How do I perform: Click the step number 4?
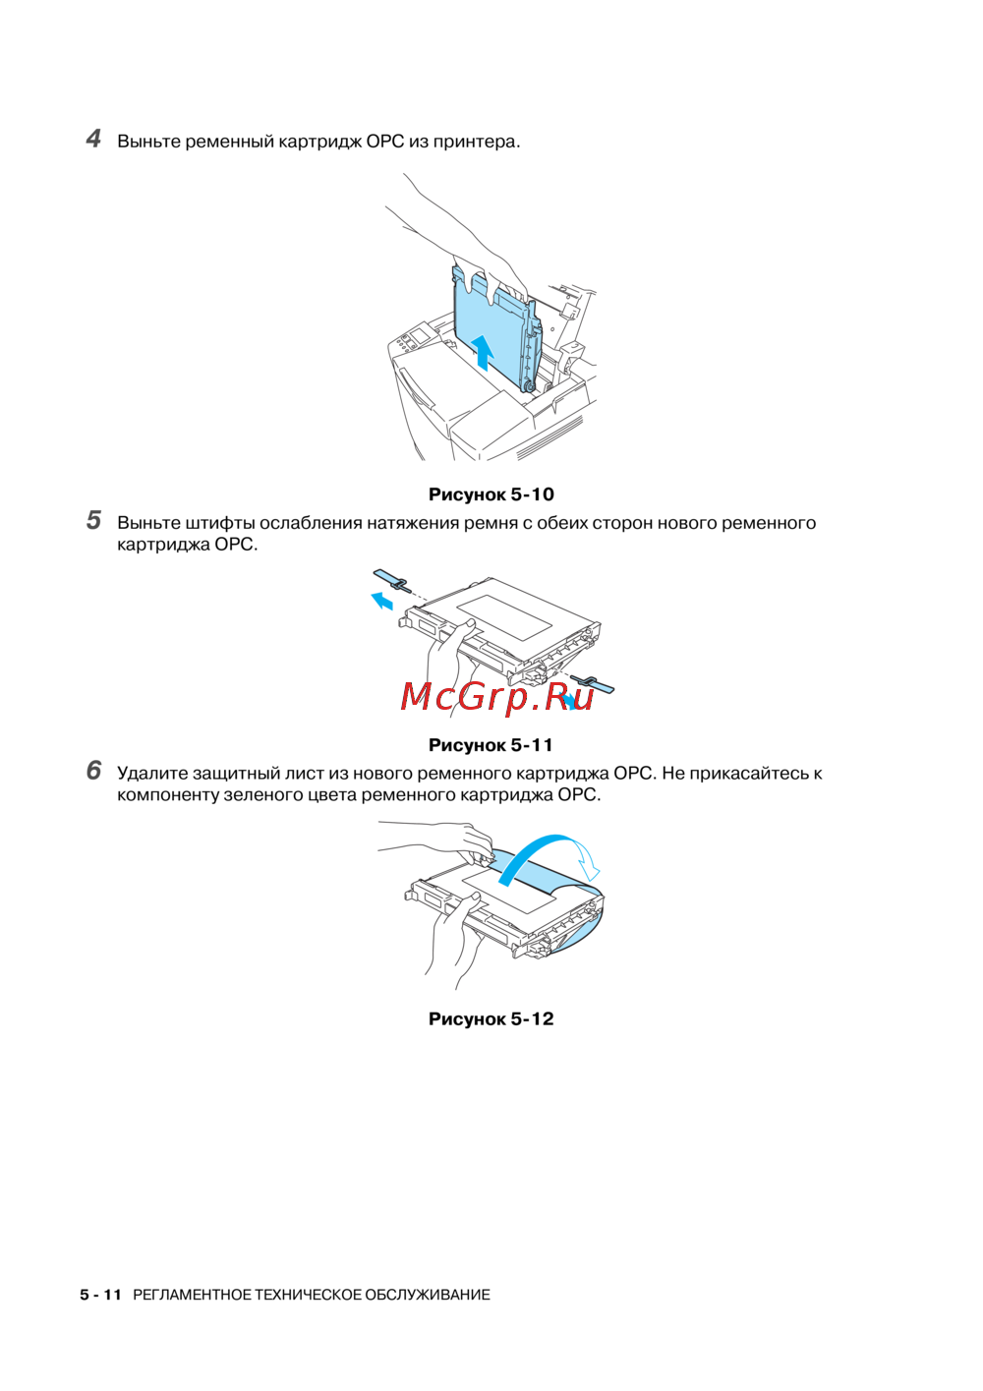(93, 140)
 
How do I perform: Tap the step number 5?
(93, 520)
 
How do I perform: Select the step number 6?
(93, 771)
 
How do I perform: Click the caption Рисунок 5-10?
(491, 494)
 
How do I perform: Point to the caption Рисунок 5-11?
(491, 744)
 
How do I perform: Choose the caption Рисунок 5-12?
(491, 1018)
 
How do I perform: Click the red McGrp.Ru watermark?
(496, 697)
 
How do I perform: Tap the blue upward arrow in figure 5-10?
(482, 352)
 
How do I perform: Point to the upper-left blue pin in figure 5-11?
(392, 580)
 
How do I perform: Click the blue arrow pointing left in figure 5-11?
(382, 601)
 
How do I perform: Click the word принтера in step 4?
(477, 143)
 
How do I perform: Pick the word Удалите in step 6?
(151, 774)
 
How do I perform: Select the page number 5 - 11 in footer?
(100, 1295)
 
